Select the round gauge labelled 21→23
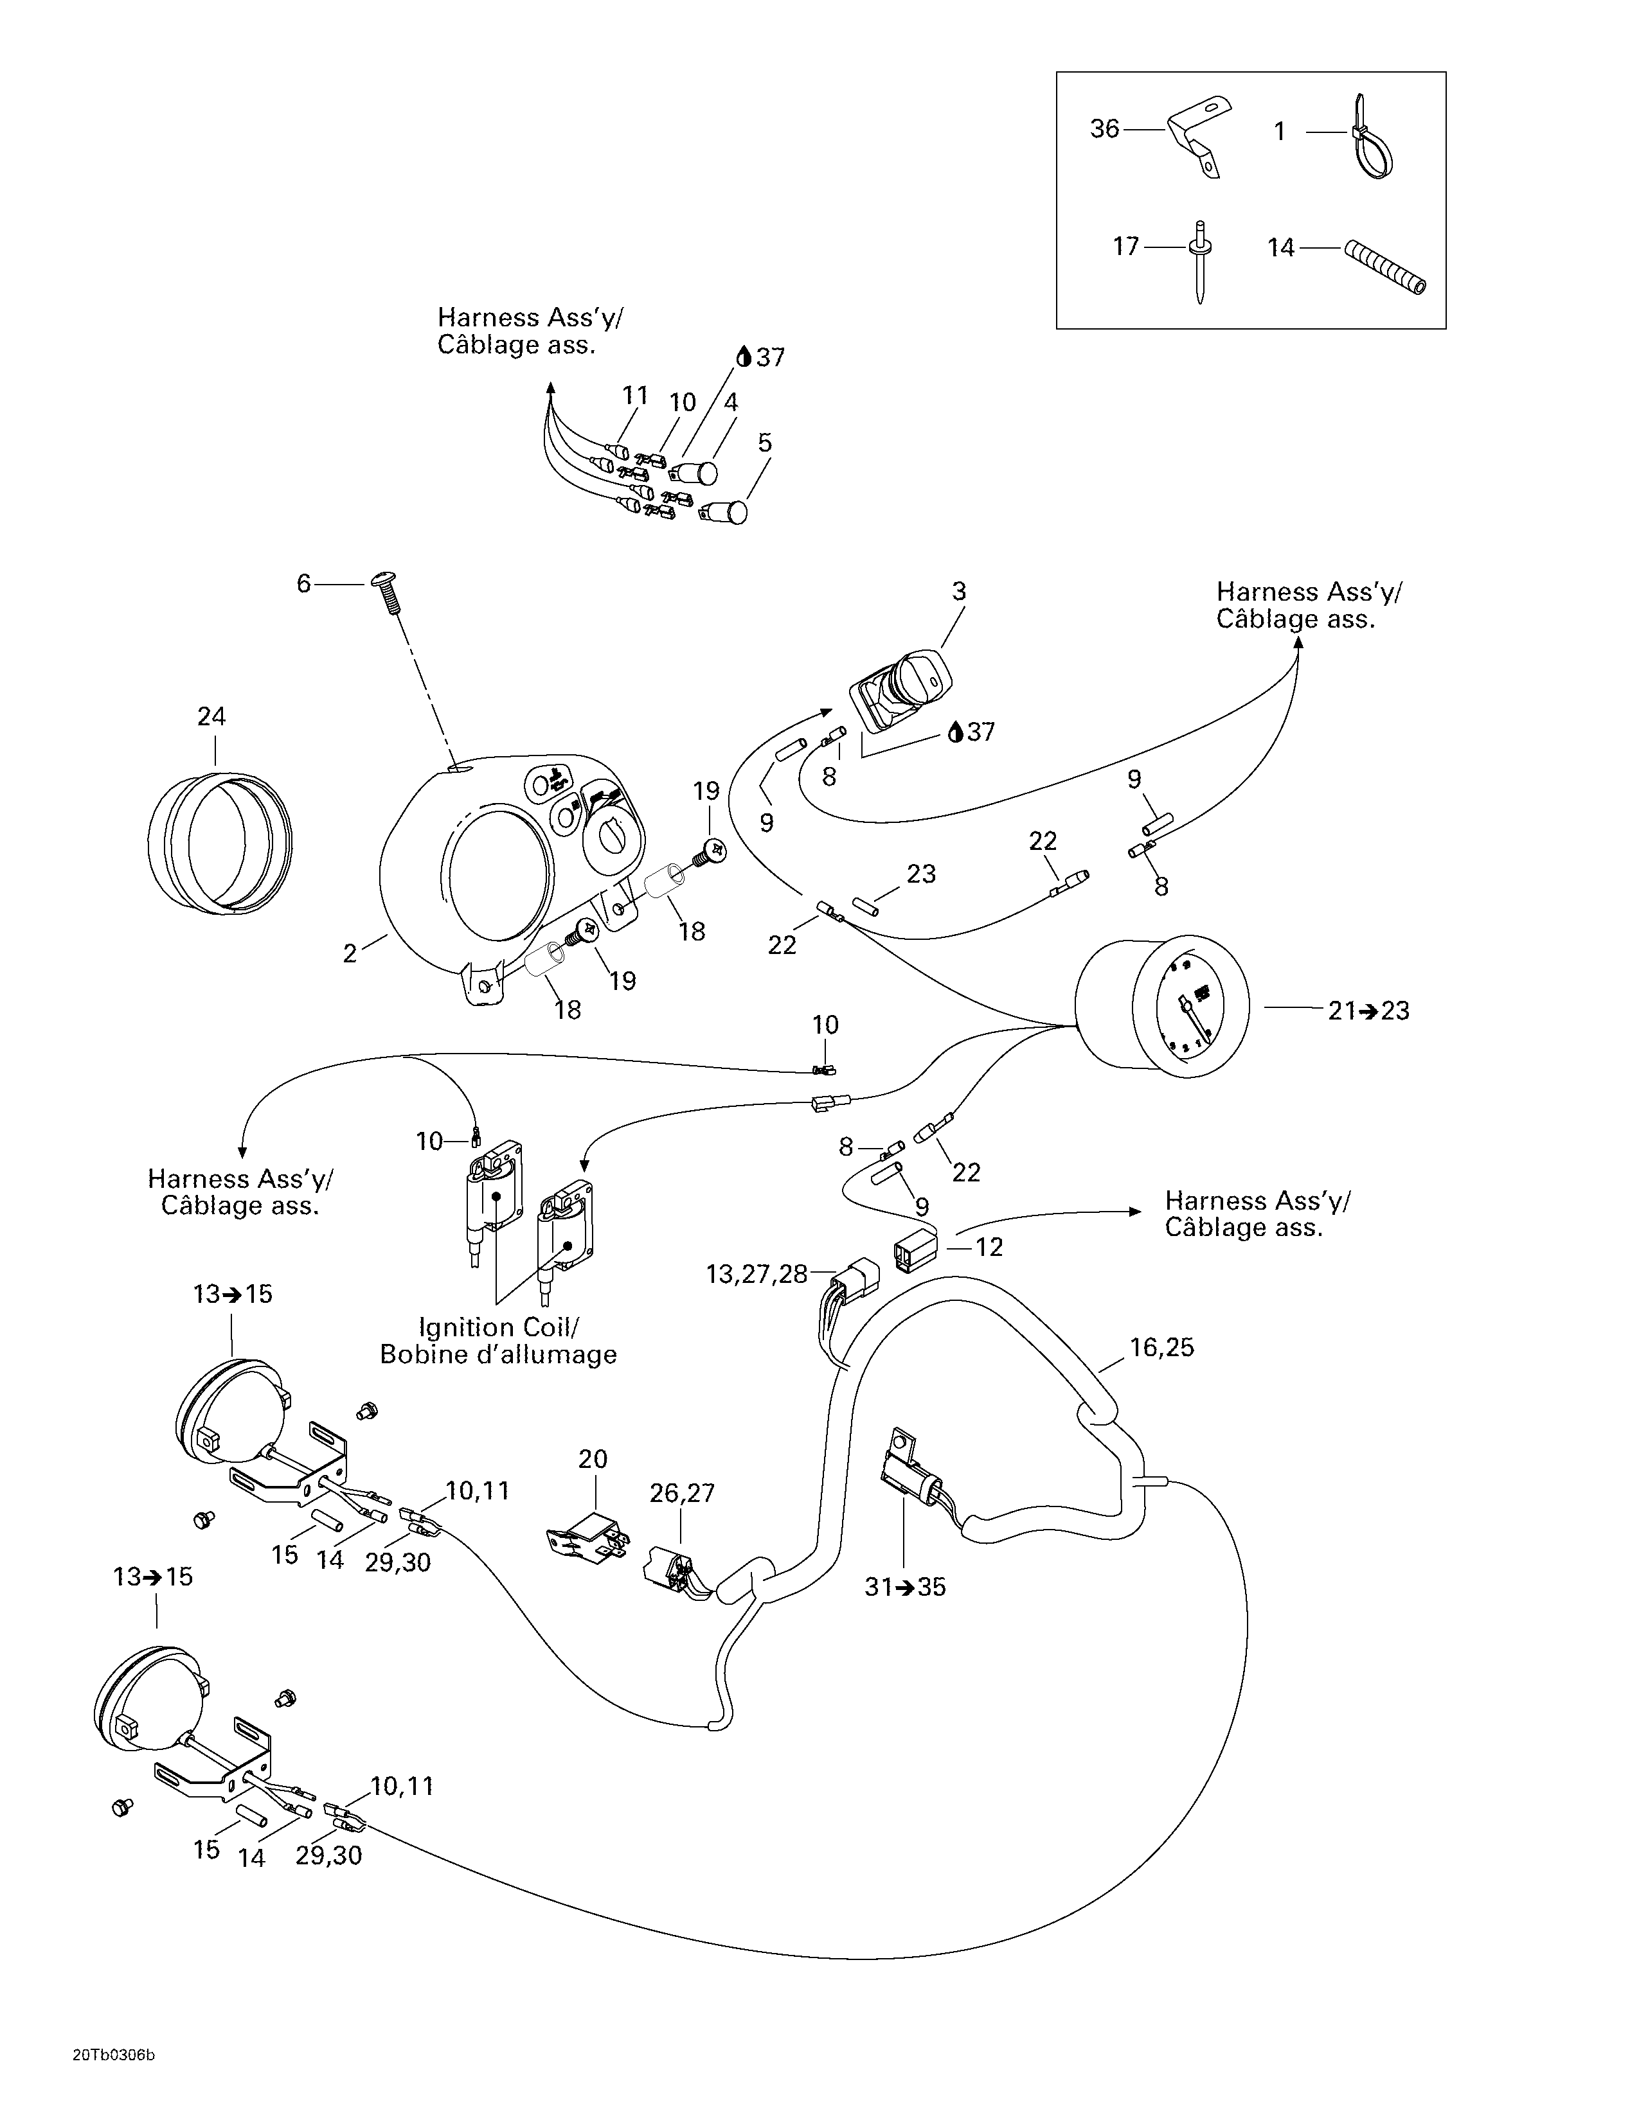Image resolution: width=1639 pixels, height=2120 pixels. click(1165, 1005)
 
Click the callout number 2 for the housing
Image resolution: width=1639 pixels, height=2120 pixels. click(350, 953)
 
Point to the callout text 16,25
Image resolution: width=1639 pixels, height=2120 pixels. click(1161, 1347)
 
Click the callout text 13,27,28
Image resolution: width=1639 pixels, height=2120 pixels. click(757, 1275)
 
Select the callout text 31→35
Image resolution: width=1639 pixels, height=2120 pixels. click(905, 1587)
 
